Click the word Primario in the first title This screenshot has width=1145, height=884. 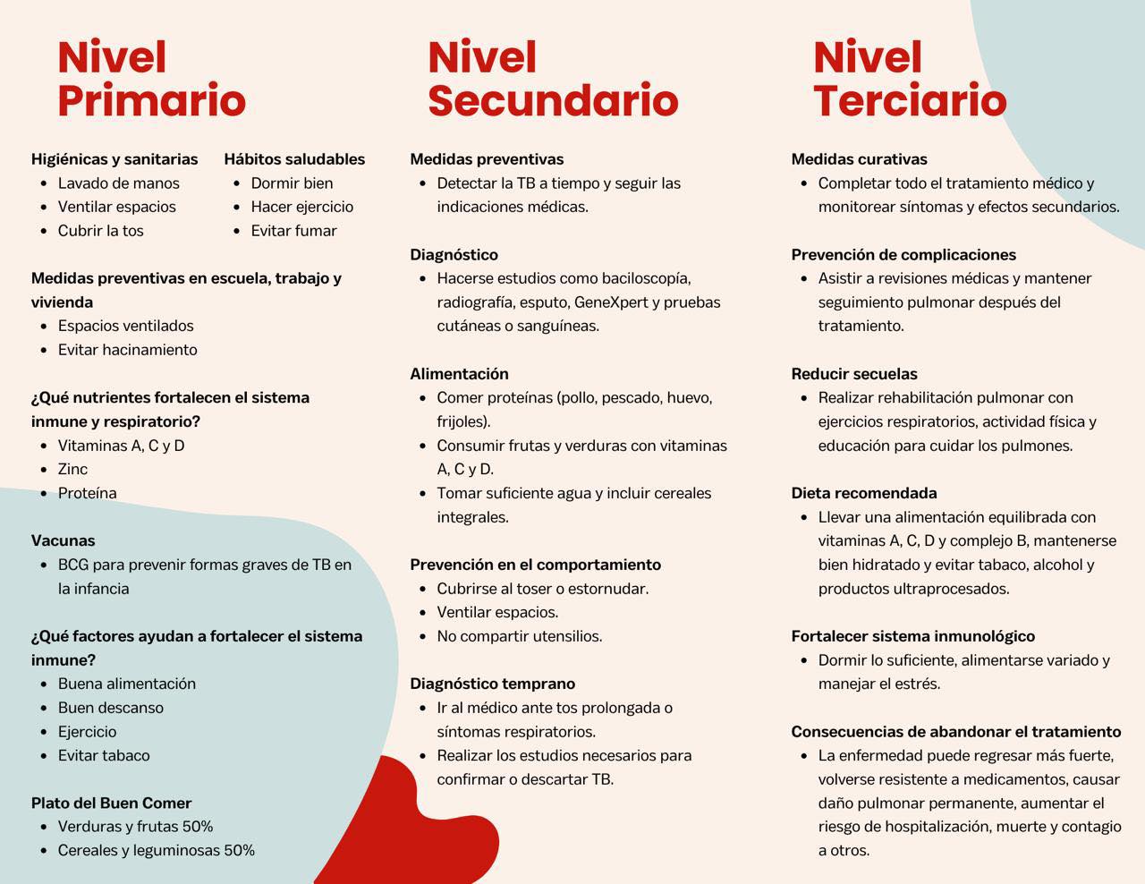click(x=151, y=100)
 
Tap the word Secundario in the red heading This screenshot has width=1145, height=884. click(x=552, y=100)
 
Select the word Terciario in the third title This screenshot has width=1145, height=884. click(x=909, y=100)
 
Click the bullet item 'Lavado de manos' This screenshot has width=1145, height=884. click(x=118, y=183)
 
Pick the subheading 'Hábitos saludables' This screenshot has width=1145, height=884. click(x=294, y=159)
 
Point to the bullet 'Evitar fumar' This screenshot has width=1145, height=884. click(x=293, y=231)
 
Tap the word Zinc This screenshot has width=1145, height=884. click(x=72, y=469)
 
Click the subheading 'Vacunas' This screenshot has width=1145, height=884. click(x=63, y=540)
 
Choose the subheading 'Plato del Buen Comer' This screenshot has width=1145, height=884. click(x=111, y=803)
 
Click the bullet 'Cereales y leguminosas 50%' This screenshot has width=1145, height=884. click(x=156, y=850)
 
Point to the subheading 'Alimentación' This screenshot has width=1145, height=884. click(x=459, y=374)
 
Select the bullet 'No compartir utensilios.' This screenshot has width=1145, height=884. click(x=519, y=636)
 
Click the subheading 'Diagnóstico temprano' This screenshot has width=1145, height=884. click(x=492, y=684)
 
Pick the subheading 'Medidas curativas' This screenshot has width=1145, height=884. click(x=859, y=159)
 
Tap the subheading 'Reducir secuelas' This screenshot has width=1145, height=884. click(x=853, y=374)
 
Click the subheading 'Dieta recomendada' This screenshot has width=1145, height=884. click(x=863, y=493)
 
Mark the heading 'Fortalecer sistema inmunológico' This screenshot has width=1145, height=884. click(x=912, y=636)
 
